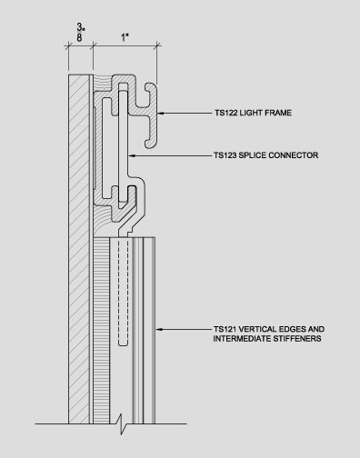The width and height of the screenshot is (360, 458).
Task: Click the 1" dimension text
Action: (x=125, y=38)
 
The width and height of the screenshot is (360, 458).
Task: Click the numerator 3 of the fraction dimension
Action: (x=80, y=27)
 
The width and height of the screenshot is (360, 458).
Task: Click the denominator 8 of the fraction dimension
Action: (x=79, y=38)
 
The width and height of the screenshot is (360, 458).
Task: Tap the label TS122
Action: (x=226, y=113)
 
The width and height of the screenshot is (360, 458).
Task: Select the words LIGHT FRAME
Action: (x=265, y=113)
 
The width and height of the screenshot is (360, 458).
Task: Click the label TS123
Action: (x=225, y=155)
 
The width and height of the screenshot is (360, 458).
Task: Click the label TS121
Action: (x=225, y=329)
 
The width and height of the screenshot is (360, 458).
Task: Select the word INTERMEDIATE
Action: (x=242, y=339)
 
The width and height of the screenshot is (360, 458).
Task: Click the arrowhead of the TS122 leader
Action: (x=161, y=113)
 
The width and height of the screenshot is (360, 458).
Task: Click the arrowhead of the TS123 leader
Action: (x=133, y=155)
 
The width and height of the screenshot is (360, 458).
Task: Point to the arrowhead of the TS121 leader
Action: (x=159, y=329)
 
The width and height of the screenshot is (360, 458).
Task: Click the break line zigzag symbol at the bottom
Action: (x=123, y=423)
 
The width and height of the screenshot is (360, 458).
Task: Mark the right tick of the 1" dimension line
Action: (x=157, y=45)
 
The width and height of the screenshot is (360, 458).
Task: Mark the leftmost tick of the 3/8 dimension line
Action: (x=68, y=46)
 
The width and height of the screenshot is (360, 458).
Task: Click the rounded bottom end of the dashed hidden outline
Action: (x=123, y=343)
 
